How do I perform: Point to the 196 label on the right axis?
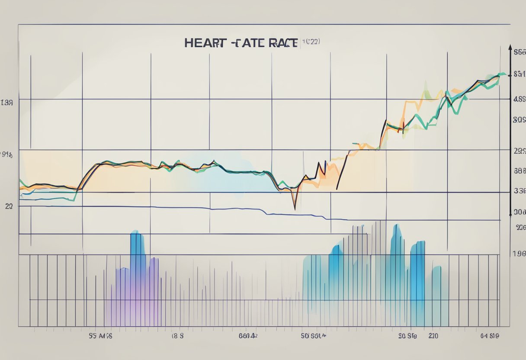tap(519, 254)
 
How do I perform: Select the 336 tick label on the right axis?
tap(519, 190)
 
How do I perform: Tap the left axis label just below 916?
tap(9, 206)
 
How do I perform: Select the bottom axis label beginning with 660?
tap(248, 335)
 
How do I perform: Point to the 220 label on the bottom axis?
tap(433, 335)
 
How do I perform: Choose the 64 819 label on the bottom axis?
tap(491, 335)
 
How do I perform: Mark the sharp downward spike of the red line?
tap(295, 208)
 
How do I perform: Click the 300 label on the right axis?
tap(519, 212)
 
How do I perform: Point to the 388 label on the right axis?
tap(519, 171)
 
